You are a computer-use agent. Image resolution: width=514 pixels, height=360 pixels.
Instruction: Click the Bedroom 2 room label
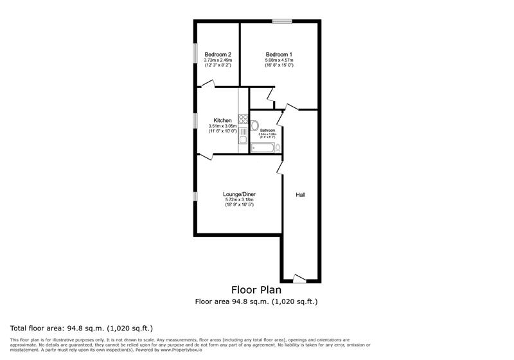pyautogui.click(x=217, y=55)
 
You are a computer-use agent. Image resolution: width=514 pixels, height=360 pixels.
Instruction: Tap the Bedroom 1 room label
pyautogui.click(x=279, y=55)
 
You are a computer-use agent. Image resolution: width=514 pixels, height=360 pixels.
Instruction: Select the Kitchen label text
pyautogui.click(x=222, y=121)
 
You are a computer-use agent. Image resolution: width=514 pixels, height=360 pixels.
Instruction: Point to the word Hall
pyautogui.click(x=301, y=194)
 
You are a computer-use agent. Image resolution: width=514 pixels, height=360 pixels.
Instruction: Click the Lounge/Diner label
pyautogui.click(x=239, y=194)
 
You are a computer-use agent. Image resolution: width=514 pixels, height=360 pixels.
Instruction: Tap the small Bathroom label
pyautogui.click(x=267, y=130)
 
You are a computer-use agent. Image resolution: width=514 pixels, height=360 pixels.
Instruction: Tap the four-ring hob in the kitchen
pyautogui.click(x=244, y=118)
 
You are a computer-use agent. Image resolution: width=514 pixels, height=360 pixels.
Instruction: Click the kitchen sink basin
pyautogui.click(x=244, y=139)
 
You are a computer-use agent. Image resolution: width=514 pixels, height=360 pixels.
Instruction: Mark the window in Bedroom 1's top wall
pyautogui.click(x=281, y=22)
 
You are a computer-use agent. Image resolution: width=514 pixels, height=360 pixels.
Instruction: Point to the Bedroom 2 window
pyautogui.click(x=195, y=54)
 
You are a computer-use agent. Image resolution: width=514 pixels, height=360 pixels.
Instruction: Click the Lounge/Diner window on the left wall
pyautogui.click(x=195, y=195)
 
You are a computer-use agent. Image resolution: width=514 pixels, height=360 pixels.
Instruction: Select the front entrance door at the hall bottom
pyautogui.click(x=299, y=278)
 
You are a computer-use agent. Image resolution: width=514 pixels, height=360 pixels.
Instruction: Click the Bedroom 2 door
pyautogui.click(x=206, y=84)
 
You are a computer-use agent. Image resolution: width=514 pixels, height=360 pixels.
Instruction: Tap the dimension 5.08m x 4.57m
pyautogui.click(x=279, y=60)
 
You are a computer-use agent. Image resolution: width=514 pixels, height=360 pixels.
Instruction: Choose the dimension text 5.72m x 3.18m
pyautogui.click(x=239, y=200)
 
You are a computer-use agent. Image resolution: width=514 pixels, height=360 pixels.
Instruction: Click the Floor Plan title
pyautogui.click(x=256, y=290)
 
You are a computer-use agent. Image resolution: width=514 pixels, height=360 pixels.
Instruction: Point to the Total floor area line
pyautogui.click(x=81, y=328)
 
